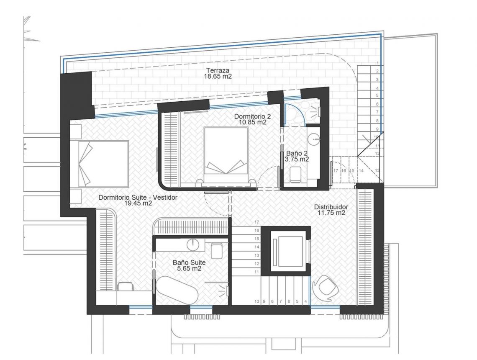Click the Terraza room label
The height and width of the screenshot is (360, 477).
pyautogui.click(x=218, y=71)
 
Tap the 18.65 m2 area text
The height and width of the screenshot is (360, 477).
pyautogui.click(x=218, y=76)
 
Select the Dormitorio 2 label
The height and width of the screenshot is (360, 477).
pyautogui.click(x=252, y=116)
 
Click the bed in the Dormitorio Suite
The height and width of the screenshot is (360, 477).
pyautogui.click(x=103, y=163)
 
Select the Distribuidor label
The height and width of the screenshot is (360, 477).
pyautogui.click(x=331, y=207)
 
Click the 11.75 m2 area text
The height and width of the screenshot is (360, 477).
pyautogui.click(x=331, y=213)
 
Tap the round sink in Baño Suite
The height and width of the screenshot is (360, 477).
pyautogui.click(x=193, y=244)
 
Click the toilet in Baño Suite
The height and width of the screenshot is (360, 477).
pyautogui.click(x=217, y=250)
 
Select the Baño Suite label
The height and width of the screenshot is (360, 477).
pyautogui.click(x=189, y=262)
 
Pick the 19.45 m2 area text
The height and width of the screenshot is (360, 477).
pyautogui.click(x=138, y=203)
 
